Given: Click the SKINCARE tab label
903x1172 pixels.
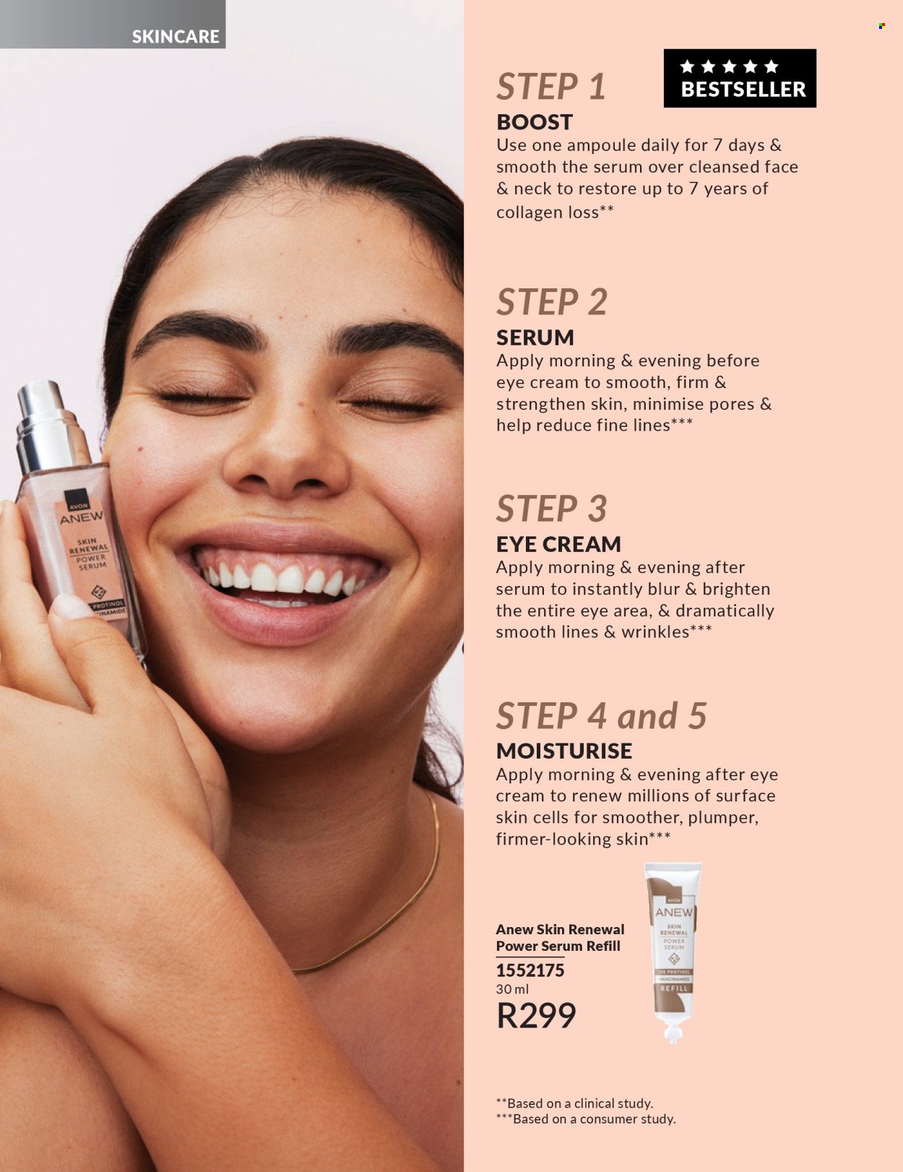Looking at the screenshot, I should pos(175,36).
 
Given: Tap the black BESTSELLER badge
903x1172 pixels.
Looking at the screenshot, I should pos(740,78).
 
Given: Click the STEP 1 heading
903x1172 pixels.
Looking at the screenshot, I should pos(550,87).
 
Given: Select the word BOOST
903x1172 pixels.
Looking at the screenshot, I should pos(534,122).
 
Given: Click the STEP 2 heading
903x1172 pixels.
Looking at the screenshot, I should pos(552,302).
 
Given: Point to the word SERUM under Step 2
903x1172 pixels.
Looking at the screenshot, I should pos(535,337).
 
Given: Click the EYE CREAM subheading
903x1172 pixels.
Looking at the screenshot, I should pos(558,544).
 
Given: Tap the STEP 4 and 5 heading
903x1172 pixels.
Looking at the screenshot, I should pos(601,716).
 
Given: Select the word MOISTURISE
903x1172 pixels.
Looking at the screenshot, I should pos(564,751).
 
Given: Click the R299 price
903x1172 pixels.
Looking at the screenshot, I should pos(536,1015).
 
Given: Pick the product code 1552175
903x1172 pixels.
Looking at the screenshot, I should pos(530,970).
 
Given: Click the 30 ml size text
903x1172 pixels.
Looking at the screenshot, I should pos(513,989).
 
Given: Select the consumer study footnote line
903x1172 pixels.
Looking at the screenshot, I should pos(586,1119).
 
